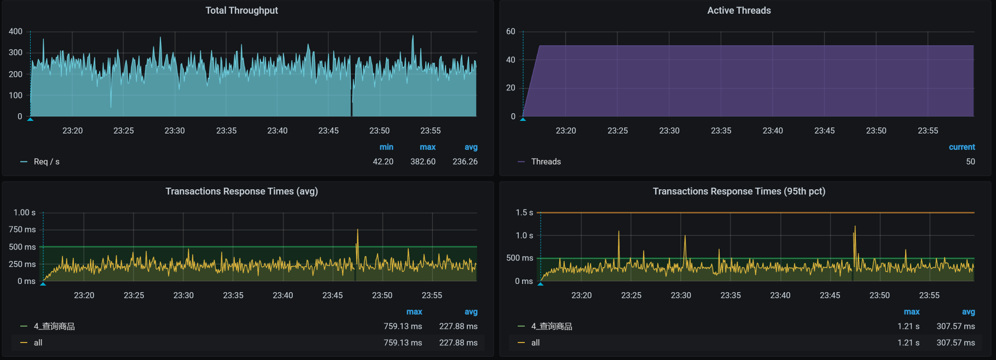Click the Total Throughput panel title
pyautogui.click(x=241, y=10)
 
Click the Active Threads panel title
pyautogui.click(x=738, y=10)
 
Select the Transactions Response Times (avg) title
pyautogui.click(x=241, y=191)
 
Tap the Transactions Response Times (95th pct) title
pyautogui.click(x=738, y=191)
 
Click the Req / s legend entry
pyautogui.click(x=46, y=162)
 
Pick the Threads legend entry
pyautogui.click(x=546, y=162)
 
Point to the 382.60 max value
pyautogui.click(x=422, y=162)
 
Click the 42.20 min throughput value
pyautogui.click(x=383, y=162)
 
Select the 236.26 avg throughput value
pyautogui.click(x=465, y=162)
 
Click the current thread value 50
pyautogui.click(x=970, y=162)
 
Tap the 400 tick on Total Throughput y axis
pyautogui.click(x=15, y=32)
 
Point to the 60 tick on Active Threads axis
pyautogui.click(x=511, y=32)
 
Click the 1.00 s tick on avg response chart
pyautogui.click(x=25, y=213)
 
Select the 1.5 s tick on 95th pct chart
pyautogui.click(x=524, y=213)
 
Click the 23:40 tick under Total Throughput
pyautogui.click(x=277, y=131)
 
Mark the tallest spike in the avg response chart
pyautogui.click(x=357, y=230)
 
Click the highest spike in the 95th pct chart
pyautogui.click(x=855, y=227)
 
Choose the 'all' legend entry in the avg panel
pyautogui.click(x=38, y=343)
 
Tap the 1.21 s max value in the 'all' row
pyautogui.click(x=908, y=343)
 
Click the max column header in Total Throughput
pyautogui.click(x=427, y=147)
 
